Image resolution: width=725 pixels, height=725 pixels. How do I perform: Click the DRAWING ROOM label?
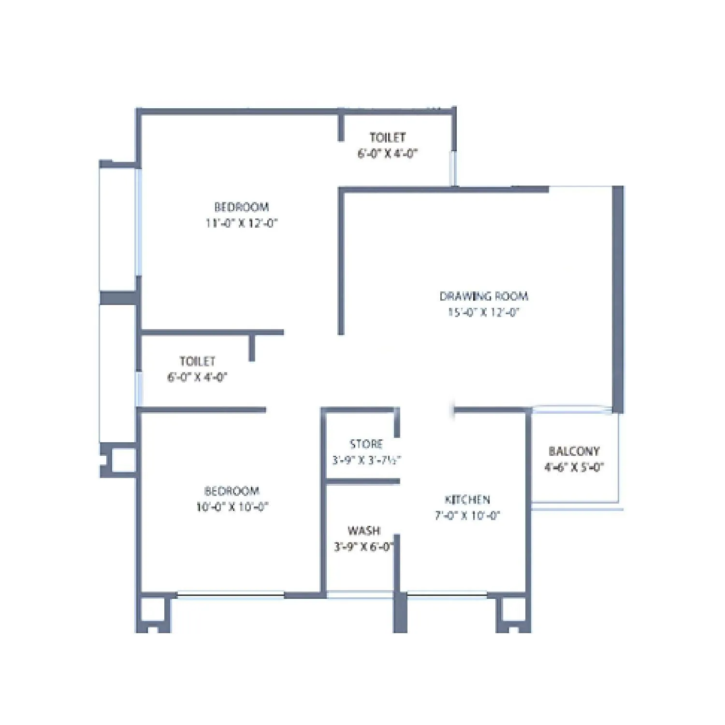[484, 296]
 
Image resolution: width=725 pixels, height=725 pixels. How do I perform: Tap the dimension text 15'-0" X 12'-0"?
[483, 312]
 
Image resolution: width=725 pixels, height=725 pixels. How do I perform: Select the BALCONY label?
[574, 451]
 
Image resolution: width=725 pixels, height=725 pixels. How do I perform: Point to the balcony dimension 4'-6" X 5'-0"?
[574, 467]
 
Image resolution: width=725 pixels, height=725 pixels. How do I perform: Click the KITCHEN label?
[467, 500]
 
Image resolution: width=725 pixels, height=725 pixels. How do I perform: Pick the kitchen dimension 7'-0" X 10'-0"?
[467, 516]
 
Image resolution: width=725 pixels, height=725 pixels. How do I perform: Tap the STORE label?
[366, 444]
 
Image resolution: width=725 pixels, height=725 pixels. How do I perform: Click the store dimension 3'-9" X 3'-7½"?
[366, 460]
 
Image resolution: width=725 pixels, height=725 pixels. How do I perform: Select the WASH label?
[364, 531]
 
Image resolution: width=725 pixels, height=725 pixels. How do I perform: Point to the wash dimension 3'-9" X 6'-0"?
[364, 547]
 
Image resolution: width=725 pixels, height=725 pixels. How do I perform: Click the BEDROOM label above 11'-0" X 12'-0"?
[242, 207]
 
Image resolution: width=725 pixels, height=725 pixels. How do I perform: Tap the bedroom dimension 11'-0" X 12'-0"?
[242, 223]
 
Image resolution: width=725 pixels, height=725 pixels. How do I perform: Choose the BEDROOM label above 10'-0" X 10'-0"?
[232, 491]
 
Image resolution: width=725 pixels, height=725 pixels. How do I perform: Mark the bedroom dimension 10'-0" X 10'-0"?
[232, 507]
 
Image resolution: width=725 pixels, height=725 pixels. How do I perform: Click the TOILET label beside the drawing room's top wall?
[388, 138]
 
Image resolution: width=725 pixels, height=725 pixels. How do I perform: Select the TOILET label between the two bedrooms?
[197, 362]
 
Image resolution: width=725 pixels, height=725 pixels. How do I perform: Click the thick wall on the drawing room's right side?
[618, 300]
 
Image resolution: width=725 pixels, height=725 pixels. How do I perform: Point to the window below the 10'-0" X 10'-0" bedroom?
[231, 595]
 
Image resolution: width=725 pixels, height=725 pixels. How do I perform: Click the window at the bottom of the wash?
[360, 595]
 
